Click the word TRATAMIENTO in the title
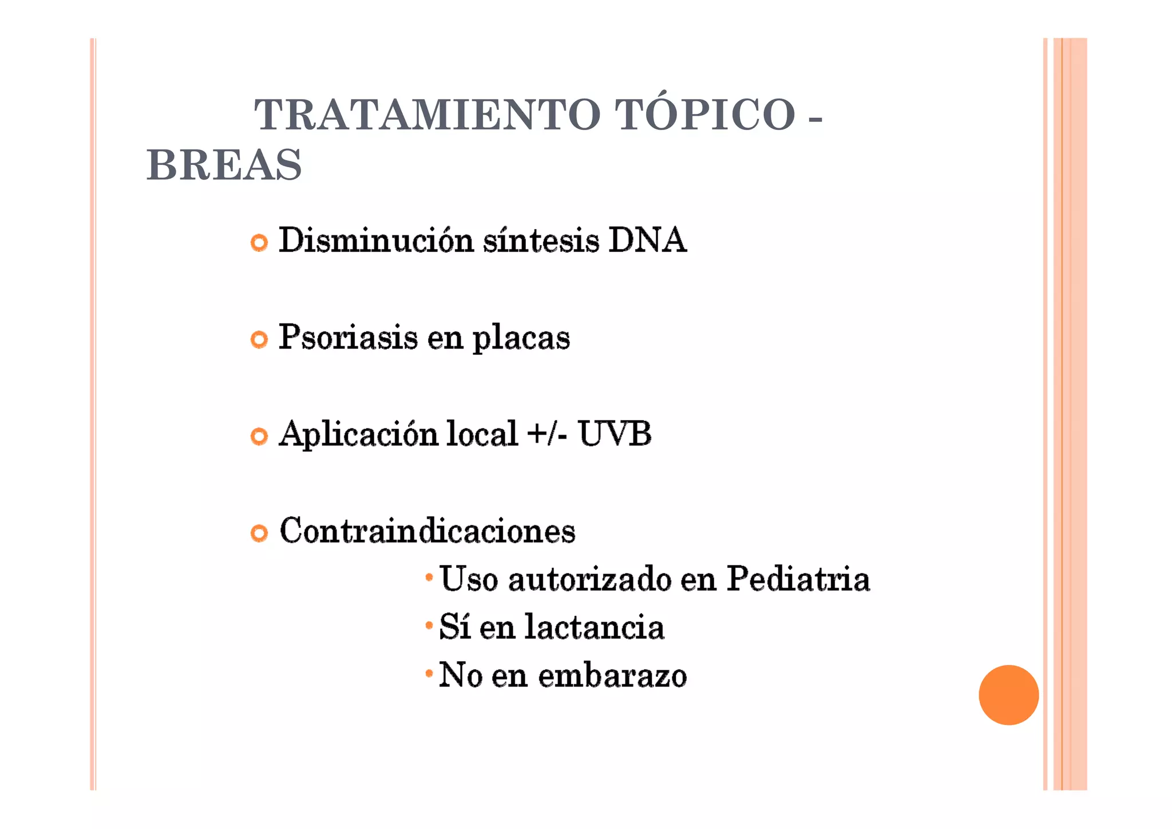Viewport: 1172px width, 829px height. click(427, 115)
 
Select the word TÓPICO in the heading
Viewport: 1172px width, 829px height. click(705, 115)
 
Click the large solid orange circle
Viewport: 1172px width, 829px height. click(1008, 694)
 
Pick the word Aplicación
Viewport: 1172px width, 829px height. click(358, 434)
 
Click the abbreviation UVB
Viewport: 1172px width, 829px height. click(615, 433)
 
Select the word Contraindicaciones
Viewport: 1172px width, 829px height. click(427, 531)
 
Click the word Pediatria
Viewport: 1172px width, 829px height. click(798, 579)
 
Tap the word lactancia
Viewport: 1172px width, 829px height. click(594, 627)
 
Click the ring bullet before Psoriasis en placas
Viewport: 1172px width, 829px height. click(259, 340)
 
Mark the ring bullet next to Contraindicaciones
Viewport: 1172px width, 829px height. click(259, 534)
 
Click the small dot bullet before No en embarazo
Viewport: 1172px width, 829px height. click(429, 674)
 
